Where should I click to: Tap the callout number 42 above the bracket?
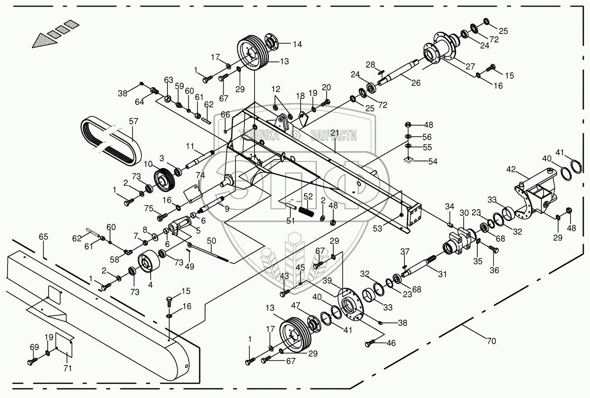pyautogui.click(x=510, y=169)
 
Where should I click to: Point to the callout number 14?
pyautogui.click(x=297, y=44)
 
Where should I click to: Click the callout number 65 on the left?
pyautogui.click(x=43, y=237)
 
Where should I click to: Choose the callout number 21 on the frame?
pyautogui.click(x=334, y=133)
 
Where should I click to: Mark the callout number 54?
pyautogui.click(x=432, y=161)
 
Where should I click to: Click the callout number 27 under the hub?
pyautogui.click(x=470, y=66)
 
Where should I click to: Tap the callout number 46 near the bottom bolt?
pyautogui.click(x=391, y=342)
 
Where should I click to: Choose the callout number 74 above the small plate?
pyautogui.click(x=200, y=176)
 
